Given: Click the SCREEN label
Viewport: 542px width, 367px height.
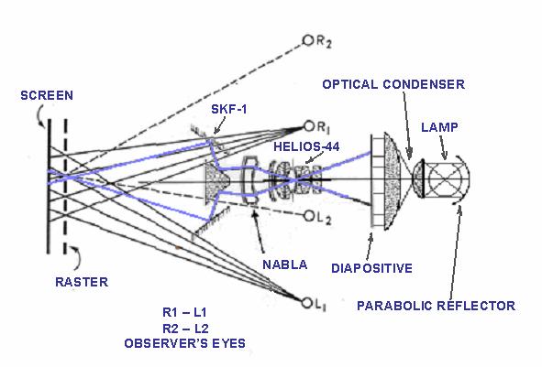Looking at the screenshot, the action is click(x=47, y=95).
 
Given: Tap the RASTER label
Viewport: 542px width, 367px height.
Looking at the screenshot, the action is click(x=82, y=282).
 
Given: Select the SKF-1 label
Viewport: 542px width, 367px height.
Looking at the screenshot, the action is click(x=229, y=109).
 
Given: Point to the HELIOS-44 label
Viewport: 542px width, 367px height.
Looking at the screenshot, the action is click(x=306, y=146).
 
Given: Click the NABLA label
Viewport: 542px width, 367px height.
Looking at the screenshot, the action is click(x=285, y=264).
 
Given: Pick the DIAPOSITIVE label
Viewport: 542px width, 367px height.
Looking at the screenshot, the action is click(x=372, y=268).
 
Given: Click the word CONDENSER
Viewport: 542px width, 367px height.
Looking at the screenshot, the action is click(x=424, y=84).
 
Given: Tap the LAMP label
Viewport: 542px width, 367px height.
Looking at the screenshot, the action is click(x=439, y=127).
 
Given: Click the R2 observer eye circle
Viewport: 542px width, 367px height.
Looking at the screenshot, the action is click(x=307, y=40).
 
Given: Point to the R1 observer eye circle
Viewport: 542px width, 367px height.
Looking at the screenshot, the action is click(x=309, y=126).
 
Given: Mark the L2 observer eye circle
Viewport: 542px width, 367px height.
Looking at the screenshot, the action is click(x=309, y=217).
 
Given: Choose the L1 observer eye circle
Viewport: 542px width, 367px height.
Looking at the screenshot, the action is click(x=306, y=303).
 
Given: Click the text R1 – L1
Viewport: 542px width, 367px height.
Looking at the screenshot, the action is click(x=184, y=312).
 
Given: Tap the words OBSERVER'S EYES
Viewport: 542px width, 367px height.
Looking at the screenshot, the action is click(x=185, y=343).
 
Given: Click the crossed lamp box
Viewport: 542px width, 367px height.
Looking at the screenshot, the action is click(x=446, y=179).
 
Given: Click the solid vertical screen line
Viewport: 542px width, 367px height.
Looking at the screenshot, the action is click(x=49, y=187).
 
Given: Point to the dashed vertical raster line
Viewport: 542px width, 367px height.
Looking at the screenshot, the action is click(x=65, y=187).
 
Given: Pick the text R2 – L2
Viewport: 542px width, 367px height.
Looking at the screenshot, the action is click(x=185, y=329).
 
